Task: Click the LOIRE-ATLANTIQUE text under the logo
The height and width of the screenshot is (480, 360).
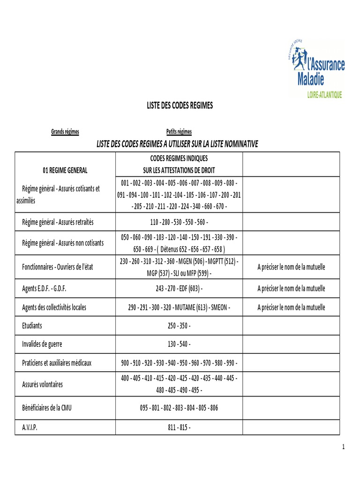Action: coord(324,95)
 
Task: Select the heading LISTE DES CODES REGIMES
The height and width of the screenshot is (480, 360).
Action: coord(180,105)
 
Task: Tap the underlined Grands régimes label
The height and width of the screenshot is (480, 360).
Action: coord(65,132)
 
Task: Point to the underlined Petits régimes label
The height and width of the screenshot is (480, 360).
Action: coord(179,132)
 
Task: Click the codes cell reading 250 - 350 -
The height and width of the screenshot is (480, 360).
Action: coord(179,325)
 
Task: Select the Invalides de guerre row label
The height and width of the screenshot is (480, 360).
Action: coord(42,344)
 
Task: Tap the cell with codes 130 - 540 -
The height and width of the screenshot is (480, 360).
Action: coord(179,344)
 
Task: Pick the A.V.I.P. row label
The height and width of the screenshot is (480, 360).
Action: coord(30,427)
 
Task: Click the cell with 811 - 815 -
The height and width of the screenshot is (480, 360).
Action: coord(179,427)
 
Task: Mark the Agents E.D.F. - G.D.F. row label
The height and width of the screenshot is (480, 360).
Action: coord(47,288)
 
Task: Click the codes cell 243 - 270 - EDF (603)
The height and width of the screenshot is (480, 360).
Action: coord(179,288)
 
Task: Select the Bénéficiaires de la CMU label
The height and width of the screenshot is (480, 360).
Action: coord(47,407)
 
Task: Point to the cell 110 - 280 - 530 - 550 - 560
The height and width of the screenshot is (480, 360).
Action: coord(179,221)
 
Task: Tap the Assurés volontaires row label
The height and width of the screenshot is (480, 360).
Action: coord(43,384)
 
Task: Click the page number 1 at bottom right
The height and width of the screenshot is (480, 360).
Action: coord(343,447)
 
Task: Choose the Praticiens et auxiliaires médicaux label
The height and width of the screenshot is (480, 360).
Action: coord(57,363)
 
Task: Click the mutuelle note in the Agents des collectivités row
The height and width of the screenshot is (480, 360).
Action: coord(291,307)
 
